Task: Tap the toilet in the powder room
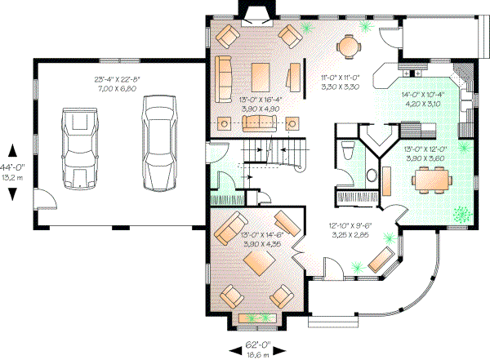[x=347, y=149]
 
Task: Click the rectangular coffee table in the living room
[x=261, y=72]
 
